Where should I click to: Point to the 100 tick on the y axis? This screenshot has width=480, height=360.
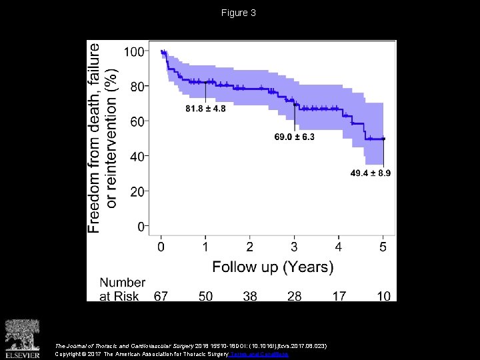136,52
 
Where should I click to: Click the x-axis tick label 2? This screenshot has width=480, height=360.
249,247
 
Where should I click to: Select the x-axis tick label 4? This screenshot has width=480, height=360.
339,247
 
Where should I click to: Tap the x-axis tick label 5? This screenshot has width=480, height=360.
383,247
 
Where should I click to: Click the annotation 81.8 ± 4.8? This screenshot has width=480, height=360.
206,109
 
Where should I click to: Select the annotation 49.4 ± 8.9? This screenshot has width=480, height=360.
371,173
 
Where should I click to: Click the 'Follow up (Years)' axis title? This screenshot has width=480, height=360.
273,267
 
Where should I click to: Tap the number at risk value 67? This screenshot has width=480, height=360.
161,295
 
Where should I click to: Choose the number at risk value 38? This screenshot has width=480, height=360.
249,295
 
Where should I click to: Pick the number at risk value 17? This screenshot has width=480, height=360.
339,295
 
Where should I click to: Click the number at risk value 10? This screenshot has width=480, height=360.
383,295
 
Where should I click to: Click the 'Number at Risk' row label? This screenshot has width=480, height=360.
122,289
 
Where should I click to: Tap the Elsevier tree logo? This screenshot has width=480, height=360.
23,334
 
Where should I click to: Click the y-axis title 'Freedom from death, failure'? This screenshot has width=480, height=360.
95,138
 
